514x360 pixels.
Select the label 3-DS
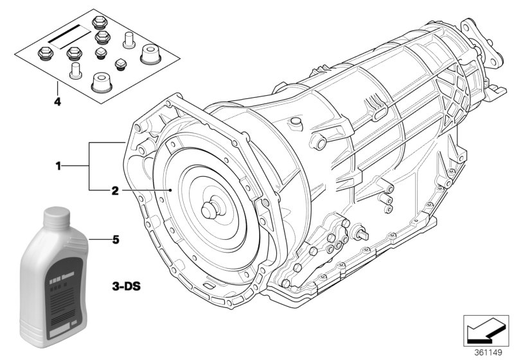[125, 283]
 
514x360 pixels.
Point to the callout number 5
[115, 239]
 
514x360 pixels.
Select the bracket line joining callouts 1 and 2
[90, 165]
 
